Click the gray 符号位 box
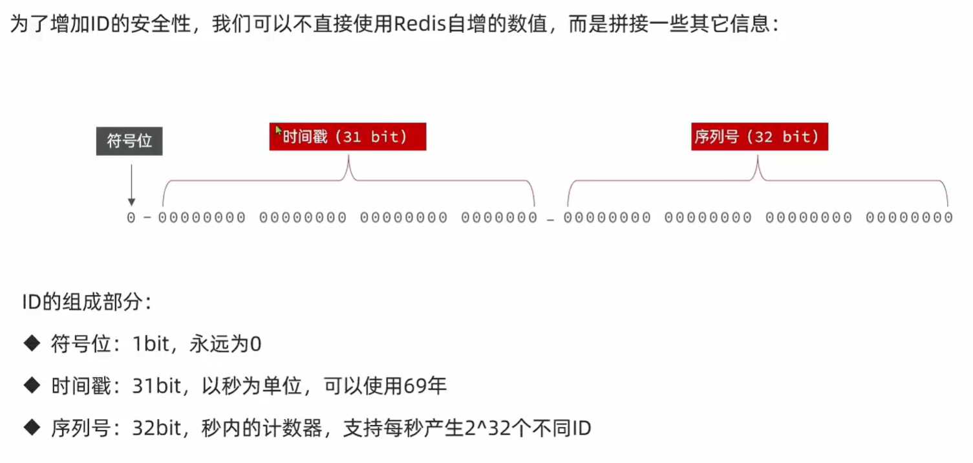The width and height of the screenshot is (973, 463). [129, 141]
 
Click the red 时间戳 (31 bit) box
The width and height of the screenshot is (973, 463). [348, 137]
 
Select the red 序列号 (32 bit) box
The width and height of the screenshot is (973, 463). [760, 137]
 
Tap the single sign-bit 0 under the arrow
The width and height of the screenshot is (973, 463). [131, 218]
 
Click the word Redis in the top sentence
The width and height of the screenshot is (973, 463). [420, 23]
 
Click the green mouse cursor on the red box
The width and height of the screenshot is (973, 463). [279, 131]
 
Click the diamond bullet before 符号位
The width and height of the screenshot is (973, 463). [32, 343]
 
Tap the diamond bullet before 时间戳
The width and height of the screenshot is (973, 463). [32, 385]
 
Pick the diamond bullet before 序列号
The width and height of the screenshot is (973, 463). [32, 427]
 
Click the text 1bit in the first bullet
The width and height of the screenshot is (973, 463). [151, 343]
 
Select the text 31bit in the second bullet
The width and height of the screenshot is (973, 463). [156, 385]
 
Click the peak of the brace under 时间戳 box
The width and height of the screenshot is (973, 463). [348, 156]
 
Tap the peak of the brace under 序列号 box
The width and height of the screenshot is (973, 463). [758, 156]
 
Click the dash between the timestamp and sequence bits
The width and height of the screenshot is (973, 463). [550, 221]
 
